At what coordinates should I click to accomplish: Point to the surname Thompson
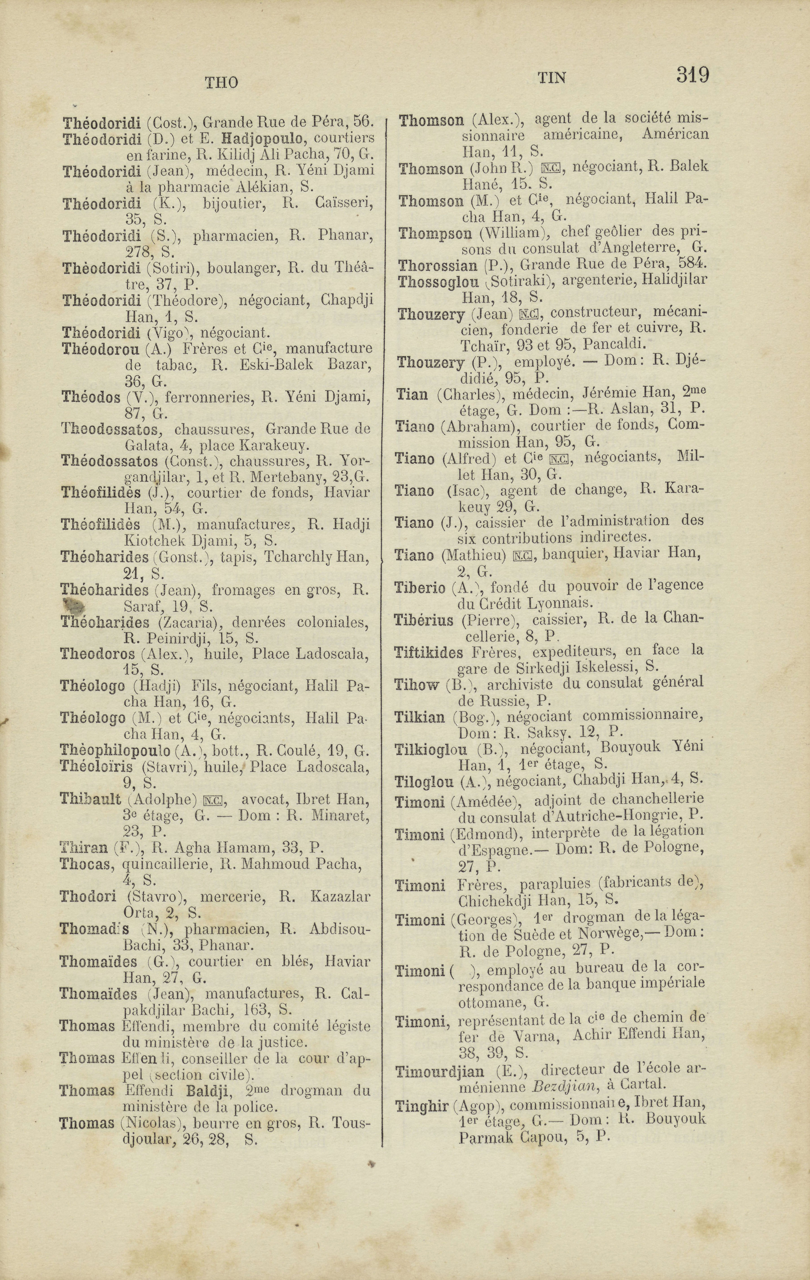[435, 233]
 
